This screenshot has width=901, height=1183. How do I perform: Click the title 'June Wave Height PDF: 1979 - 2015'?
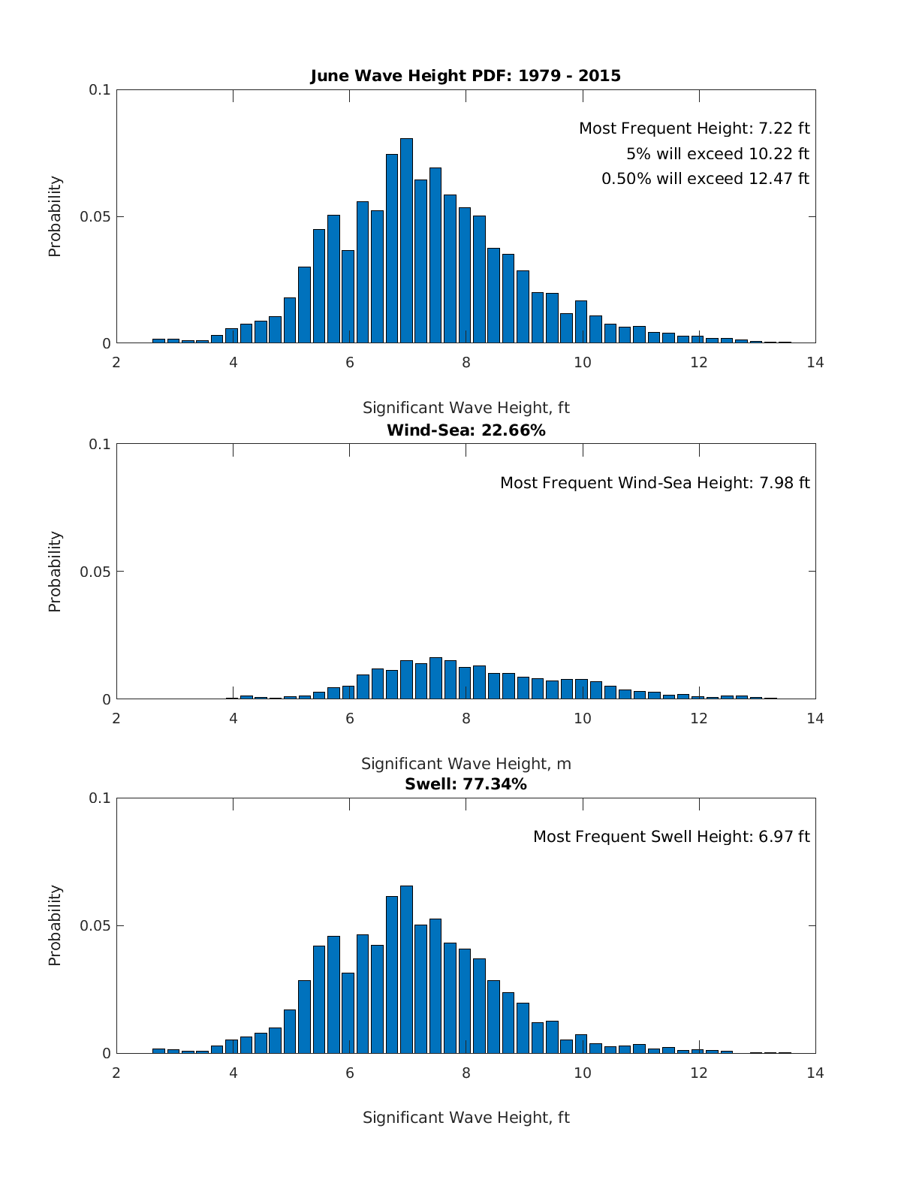(x=466, y=76)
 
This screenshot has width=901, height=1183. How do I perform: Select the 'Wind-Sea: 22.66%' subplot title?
(x=466, y=430)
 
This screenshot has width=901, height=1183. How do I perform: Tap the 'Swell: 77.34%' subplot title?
(x=466, y=784)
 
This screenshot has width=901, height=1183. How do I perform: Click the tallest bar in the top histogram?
(x=406, y=240)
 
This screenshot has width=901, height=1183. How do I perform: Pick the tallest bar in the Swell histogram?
(x=406, y=969)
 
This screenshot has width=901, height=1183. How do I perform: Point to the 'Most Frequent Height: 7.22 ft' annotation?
(x=694, y=128)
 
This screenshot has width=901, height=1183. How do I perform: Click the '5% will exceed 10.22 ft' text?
(x=717, y=154)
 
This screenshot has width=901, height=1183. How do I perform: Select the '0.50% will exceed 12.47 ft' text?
(x=705, y=179)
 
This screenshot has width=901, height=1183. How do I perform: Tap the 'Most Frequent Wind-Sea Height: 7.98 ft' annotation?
(x=655, y=483)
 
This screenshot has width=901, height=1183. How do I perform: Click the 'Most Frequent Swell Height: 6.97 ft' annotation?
(x=671, y=837)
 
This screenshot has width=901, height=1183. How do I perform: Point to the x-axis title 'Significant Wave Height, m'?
(x=466, y=764)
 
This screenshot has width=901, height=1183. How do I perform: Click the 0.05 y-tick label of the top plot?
(x=95, y=217)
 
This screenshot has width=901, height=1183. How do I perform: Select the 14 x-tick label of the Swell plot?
(x=815, y=1073)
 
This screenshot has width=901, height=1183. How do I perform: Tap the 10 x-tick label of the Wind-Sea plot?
(x=583, y=719)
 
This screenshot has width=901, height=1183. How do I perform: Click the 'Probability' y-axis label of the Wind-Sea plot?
(x=55, y=572)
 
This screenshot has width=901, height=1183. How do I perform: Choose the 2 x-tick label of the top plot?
(x=116, y=363)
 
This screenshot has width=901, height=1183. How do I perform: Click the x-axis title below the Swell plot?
(x=466, y=1118)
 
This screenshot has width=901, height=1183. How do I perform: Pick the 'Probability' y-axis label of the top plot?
(x=55, y=216)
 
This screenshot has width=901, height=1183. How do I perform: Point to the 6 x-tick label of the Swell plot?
(x=350, y=1073)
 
